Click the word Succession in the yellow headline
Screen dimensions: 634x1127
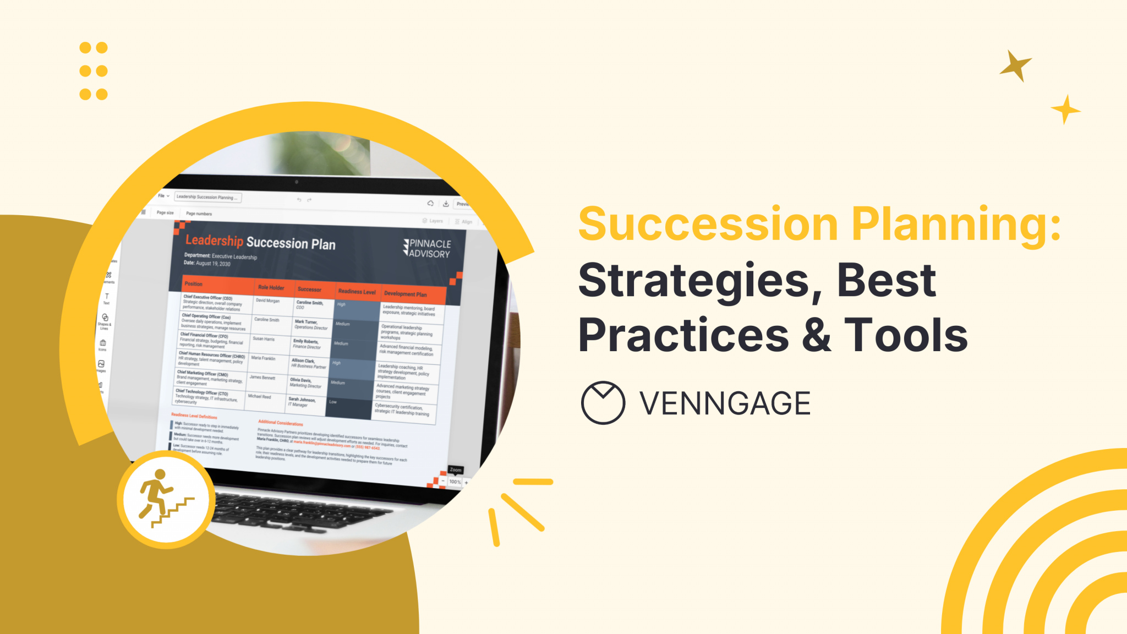pos(708,225)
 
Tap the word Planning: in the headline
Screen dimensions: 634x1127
pos(956,225)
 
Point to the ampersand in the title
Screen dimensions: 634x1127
pos(817,336)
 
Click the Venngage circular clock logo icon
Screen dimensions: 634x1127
pos(603,403)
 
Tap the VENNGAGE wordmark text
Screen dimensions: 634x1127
pos(725,403)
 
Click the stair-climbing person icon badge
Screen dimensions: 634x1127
pos(166,499)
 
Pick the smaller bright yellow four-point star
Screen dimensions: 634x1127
pos(1065,110)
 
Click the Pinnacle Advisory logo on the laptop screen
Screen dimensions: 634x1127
pos(428,248)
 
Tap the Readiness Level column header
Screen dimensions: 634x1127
pos(357,292)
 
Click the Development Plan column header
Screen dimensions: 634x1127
pos(405,294)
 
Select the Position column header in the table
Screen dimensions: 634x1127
pos(194,284)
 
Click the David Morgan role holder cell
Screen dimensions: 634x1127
pos(268,300)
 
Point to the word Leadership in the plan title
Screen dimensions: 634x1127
pos(214,241)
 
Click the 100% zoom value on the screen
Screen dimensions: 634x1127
pos(455,482)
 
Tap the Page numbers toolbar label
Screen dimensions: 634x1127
pos(199,214)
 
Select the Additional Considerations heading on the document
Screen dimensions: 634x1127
pos(281,423)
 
